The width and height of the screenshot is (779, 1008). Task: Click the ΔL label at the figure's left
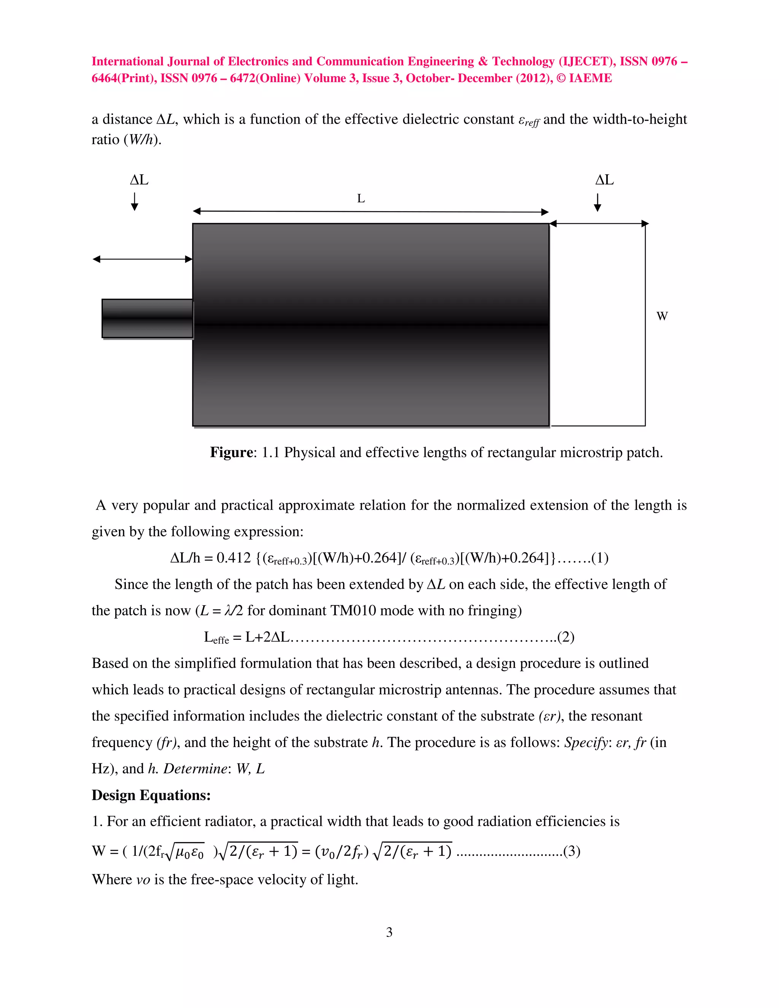point(139,180)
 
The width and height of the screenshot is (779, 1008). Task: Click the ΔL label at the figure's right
point(604,180)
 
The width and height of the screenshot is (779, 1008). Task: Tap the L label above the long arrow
point(361,199)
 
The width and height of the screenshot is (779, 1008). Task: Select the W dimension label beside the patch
point(662,316)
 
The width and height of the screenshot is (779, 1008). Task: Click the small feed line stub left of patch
point(147,318)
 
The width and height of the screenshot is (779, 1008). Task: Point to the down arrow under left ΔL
point(134,202)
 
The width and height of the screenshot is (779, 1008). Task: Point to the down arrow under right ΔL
point(597,202)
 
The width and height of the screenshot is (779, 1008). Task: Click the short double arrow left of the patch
point(142,259)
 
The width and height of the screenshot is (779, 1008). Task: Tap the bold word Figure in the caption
point(231,452)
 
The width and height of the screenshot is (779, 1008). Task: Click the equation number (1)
point(599,558)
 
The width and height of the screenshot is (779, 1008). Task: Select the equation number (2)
point(565,638)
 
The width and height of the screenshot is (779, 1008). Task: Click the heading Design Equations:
point(151,795)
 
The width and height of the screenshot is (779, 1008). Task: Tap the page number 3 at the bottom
point(389,932)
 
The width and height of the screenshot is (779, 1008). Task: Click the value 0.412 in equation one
point(234,558)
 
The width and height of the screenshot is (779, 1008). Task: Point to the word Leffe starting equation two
point(216,638)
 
